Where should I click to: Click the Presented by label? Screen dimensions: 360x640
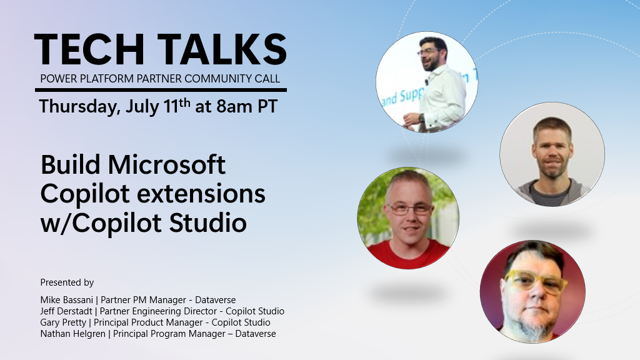67,282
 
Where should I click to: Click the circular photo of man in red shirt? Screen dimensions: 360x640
407,217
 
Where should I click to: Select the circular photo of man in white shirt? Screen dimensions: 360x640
427,82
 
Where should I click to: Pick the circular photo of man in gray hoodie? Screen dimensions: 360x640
552,154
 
